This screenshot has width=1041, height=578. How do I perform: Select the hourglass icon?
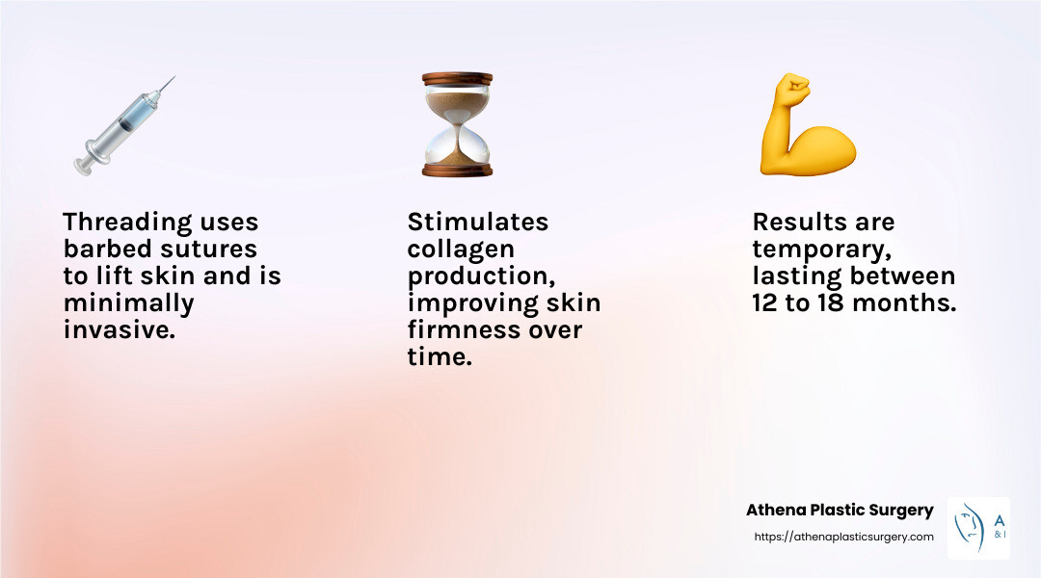pos(457,124)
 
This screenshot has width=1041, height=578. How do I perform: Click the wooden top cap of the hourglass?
pos(457,78)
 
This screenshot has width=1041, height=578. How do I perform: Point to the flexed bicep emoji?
pos(807,126)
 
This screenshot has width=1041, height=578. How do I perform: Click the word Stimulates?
pos(477,223)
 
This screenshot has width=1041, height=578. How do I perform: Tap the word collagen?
pos(460,250)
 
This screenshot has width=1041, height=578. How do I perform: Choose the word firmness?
pos(460,330)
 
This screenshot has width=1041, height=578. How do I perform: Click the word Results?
pos(795,223)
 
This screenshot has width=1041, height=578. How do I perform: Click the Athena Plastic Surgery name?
pos(840,511)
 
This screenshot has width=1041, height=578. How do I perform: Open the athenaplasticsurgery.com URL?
pos(842,537)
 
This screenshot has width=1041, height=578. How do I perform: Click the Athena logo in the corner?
pos(978,528)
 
